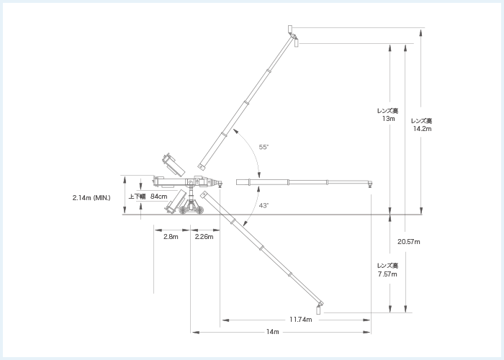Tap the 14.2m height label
pos(422,129)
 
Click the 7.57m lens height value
pos(388,274)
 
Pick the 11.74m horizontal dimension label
pos(300,319)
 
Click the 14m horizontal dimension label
pos(272,332)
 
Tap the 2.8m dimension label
pos(171,237)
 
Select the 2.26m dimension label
pos(204,237)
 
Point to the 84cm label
pos(159,197)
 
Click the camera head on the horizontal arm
pos(369,186)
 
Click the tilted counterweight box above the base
pos(172,165)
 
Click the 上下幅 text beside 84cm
pos(137,197)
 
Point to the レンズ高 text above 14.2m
pos(421,120)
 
